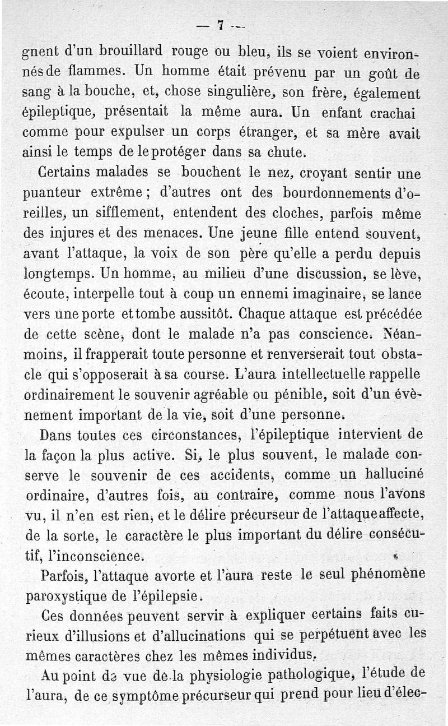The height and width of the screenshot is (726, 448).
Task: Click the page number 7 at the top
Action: tap(221, 25)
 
